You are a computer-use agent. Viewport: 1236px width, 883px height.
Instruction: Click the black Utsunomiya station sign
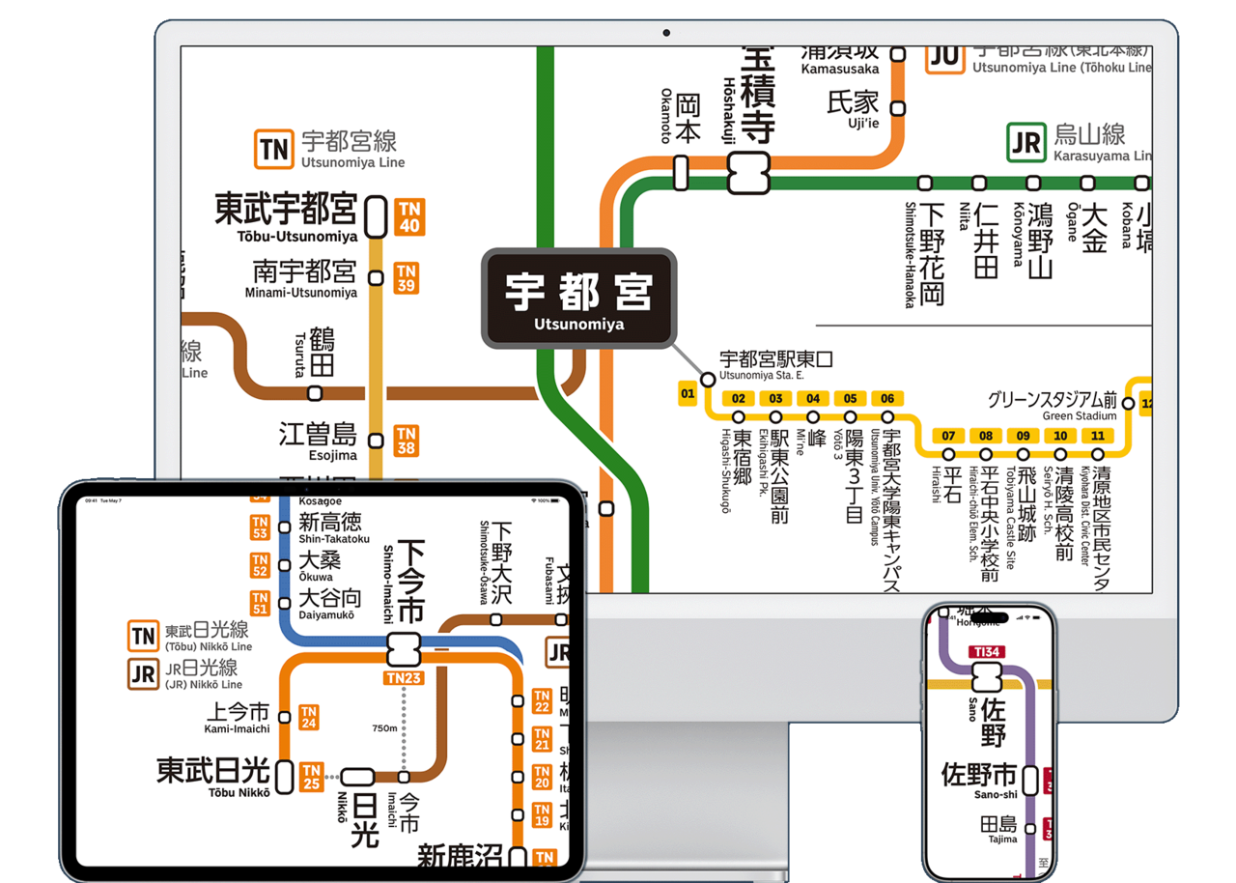tap(578, 299)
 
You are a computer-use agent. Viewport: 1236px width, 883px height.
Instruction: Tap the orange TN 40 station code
tap(410, 217)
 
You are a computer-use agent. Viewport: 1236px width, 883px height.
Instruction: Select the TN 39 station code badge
tap(407, 278)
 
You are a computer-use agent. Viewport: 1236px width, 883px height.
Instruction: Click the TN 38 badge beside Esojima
tap(407, 441)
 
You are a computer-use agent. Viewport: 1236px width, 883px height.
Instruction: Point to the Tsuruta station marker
tap(315, 393)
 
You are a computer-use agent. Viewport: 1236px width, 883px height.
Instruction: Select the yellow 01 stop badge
tap(688, 394)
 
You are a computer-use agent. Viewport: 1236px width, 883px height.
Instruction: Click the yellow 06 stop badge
tap(886, 399)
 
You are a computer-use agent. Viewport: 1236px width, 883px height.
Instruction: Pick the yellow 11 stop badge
tap(1098, 436)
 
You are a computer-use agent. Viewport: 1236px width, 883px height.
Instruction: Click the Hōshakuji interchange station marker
tap(748, 174)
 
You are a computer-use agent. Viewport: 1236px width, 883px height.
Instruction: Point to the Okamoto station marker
tap(681, 173)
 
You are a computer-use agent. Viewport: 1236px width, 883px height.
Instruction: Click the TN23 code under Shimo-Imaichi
tap(404, 678)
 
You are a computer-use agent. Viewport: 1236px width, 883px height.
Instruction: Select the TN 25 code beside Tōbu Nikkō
tap(311, 777)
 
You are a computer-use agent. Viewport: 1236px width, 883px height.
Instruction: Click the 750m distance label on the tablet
tap(385, 727)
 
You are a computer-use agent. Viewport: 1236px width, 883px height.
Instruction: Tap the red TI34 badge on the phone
tap(986, 652)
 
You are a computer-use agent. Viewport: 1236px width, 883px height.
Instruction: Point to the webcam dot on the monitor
tap(666, 33)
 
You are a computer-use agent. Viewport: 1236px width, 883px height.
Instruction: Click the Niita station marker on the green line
tap(979, 183)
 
